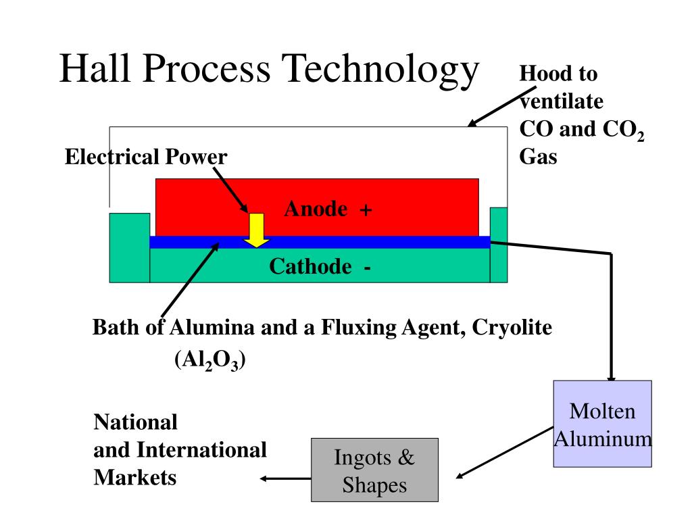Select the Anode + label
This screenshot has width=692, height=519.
click(328, 209)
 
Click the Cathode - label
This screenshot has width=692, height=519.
click(320, 267)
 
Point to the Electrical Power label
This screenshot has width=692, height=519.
click(146, 157)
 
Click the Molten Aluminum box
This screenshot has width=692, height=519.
click(602, 424)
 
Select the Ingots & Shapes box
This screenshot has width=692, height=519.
click(374, 470)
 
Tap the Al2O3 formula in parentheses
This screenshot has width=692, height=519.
click(210, 362)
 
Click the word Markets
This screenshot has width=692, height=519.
click(134, 478)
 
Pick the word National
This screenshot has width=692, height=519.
click(135, 423)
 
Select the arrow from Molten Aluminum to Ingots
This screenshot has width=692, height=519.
click(504, 451)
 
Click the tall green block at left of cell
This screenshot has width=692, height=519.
click(129, 247)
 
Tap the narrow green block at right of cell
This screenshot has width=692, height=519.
click(499, 245)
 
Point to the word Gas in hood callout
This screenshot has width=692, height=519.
click(538, 157)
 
